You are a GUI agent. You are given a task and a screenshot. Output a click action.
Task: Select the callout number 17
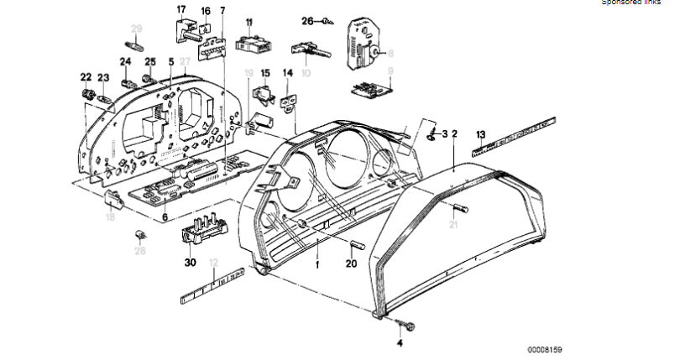180,10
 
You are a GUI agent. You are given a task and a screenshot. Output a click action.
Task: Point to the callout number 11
248,20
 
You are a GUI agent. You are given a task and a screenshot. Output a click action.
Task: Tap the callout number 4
400,343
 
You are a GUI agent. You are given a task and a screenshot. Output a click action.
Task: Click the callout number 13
480,133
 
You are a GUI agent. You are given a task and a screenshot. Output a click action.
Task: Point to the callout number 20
351,262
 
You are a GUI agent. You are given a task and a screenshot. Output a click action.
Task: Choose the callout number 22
86,76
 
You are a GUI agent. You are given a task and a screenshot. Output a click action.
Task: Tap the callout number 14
288,73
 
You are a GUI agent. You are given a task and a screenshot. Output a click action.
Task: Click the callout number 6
164,217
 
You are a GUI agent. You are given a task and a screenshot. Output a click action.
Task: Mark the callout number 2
454,133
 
